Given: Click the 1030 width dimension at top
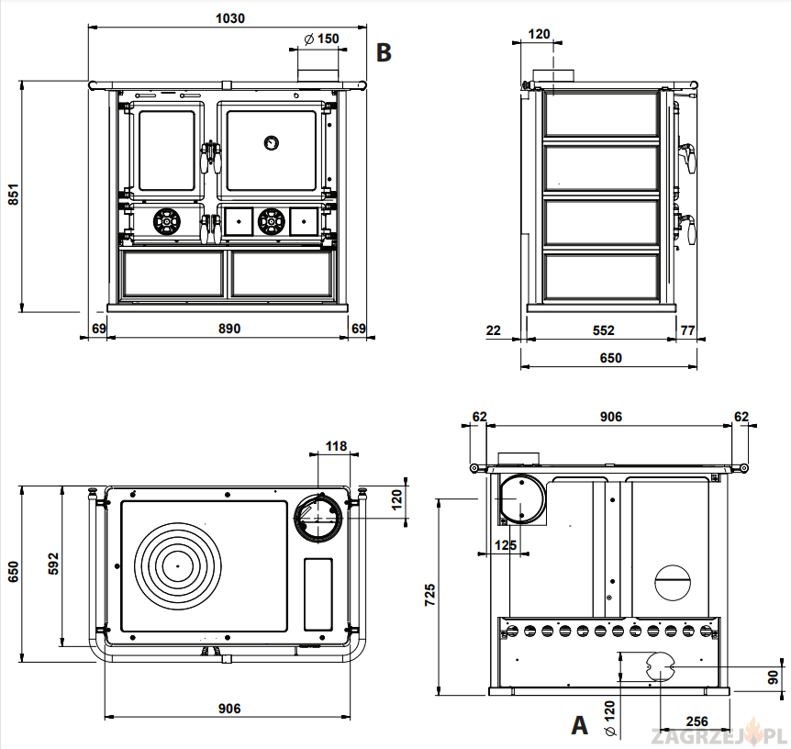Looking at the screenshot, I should pyautogui.click(x=229, y=18).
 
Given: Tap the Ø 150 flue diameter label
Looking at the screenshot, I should pyautogui.click(x=320, y=39).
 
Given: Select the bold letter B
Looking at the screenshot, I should pyautogui.click(x=384, y=52).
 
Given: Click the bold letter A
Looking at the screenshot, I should pyautogui.click(x=579, y=726).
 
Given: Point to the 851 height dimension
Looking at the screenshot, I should pyautogui.click(x=12, y=196).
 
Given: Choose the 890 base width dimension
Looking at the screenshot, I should pyautogui.click(x=228, y=329).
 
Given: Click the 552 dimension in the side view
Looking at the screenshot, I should pyautogui.click(x=602, y=330).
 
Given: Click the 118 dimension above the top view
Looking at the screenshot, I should pyautogui.click(x=337, y=446).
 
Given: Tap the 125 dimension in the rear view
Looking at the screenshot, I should pyautogui.click(x=504, y=545).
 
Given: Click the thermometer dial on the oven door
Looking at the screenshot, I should pyautogui.click(x=272, y=142).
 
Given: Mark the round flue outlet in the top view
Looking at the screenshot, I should pyautogui.click(x=319, y=517).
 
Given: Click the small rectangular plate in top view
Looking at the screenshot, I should pyautogui.click(x=318, y=593).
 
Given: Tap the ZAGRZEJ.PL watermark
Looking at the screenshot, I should pyautogui.click(x=717, y=735).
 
